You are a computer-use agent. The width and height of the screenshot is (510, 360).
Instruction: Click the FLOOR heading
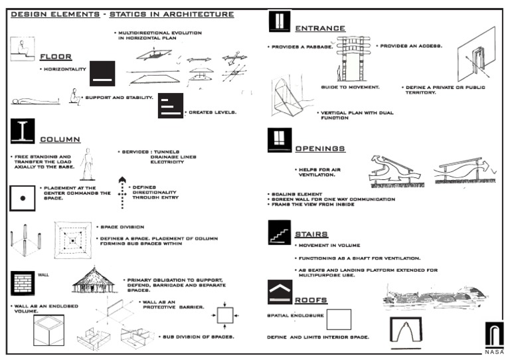tap(56, 56)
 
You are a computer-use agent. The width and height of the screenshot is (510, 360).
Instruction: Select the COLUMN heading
tap(60, 139)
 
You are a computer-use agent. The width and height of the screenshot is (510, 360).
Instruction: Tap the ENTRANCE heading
tap(320, 29)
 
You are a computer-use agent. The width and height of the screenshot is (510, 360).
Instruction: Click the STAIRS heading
tap(311, 234)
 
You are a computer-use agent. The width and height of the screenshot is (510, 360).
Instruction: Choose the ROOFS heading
tap(311, 300)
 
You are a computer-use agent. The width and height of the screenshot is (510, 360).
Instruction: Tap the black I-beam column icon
tap(22, 132)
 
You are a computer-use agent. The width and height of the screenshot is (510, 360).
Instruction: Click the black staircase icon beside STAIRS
tap(279, 233)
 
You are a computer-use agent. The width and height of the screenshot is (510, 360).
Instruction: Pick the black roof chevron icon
tap(279, 290)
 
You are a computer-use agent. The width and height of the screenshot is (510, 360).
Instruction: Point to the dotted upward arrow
tap(122, 193)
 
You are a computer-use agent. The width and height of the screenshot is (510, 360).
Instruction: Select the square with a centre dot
tap(23, 198)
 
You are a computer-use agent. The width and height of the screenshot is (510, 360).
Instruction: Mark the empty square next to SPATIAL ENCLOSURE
tap(339, 319)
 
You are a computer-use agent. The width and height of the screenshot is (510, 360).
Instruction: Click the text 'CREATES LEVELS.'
tap(212, 112)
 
